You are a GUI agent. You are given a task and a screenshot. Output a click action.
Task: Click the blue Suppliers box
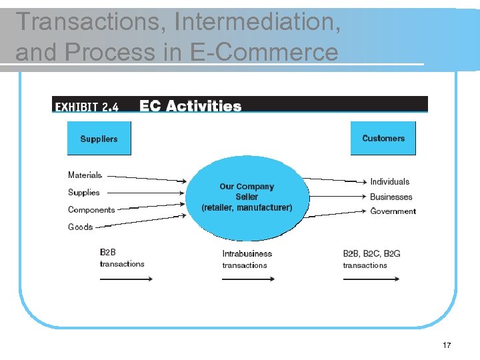tap(99, 139)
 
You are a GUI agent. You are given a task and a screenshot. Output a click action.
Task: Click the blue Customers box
tap(383, 138)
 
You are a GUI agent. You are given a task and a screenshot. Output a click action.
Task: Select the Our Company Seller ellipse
tap(247, 197)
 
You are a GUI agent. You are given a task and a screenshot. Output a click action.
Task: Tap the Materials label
tap(85, 175)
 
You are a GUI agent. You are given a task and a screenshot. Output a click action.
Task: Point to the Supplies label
tap(84, 193)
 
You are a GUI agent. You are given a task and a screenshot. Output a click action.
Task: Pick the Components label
tap(91, 210)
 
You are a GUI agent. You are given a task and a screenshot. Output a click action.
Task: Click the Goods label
tap(81, 227)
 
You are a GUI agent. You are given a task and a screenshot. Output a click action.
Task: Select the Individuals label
tap(390, 181)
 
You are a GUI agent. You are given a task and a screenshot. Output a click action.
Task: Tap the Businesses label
tap(391, 197)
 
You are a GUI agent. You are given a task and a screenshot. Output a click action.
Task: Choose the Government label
tap(393, 211)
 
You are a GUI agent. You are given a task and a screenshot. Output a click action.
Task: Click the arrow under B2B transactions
tap(126, 279)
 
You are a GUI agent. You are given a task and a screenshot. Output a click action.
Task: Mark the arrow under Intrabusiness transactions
tap(248, 279)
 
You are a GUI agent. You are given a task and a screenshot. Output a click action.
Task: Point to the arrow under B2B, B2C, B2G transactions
tap(371, 279)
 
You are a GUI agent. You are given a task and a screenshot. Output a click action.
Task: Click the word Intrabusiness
tap(247, 253)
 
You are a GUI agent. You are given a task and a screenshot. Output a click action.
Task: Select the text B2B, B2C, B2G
tap(371, 253)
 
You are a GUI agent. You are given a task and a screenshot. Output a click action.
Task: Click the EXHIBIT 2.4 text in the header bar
tap(86, 107)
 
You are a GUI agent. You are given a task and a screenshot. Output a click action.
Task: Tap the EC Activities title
tap(191, 106)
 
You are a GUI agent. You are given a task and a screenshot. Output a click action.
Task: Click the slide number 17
tap(447, 345)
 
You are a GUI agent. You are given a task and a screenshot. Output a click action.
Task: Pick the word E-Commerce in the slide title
tap(263, 51)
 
